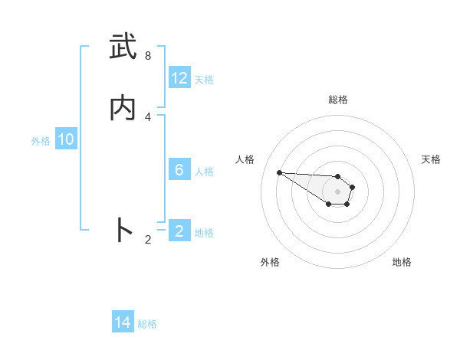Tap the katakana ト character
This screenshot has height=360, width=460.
point(123,230)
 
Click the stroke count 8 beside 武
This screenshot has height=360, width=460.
point(147,56)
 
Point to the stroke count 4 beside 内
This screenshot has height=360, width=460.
point(147,116)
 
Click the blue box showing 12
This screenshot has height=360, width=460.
point(179,78)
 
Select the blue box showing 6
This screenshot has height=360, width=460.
point(179,170)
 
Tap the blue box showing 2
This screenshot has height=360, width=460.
point(179,231)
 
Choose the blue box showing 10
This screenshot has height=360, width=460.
point(66,139)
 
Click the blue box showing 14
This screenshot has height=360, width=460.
point(123,322)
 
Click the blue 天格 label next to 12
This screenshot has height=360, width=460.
point(204,79)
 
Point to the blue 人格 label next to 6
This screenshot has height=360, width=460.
point(204,171)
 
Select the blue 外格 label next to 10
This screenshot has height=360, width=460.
point(40,140)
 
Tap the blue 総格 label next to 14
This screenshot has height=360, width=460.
point(147,323)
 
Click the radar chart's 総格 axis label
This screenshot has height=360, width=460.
point(338,100)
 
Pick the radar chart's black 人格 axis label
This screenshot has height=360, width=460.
point(245,159)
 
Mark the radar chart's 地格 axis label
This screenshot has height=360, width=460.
point(402,262)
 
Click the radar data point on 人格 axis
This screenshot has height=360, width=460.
point(279,172)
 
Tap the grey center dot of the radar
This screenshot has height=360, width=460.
point(337,191)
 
